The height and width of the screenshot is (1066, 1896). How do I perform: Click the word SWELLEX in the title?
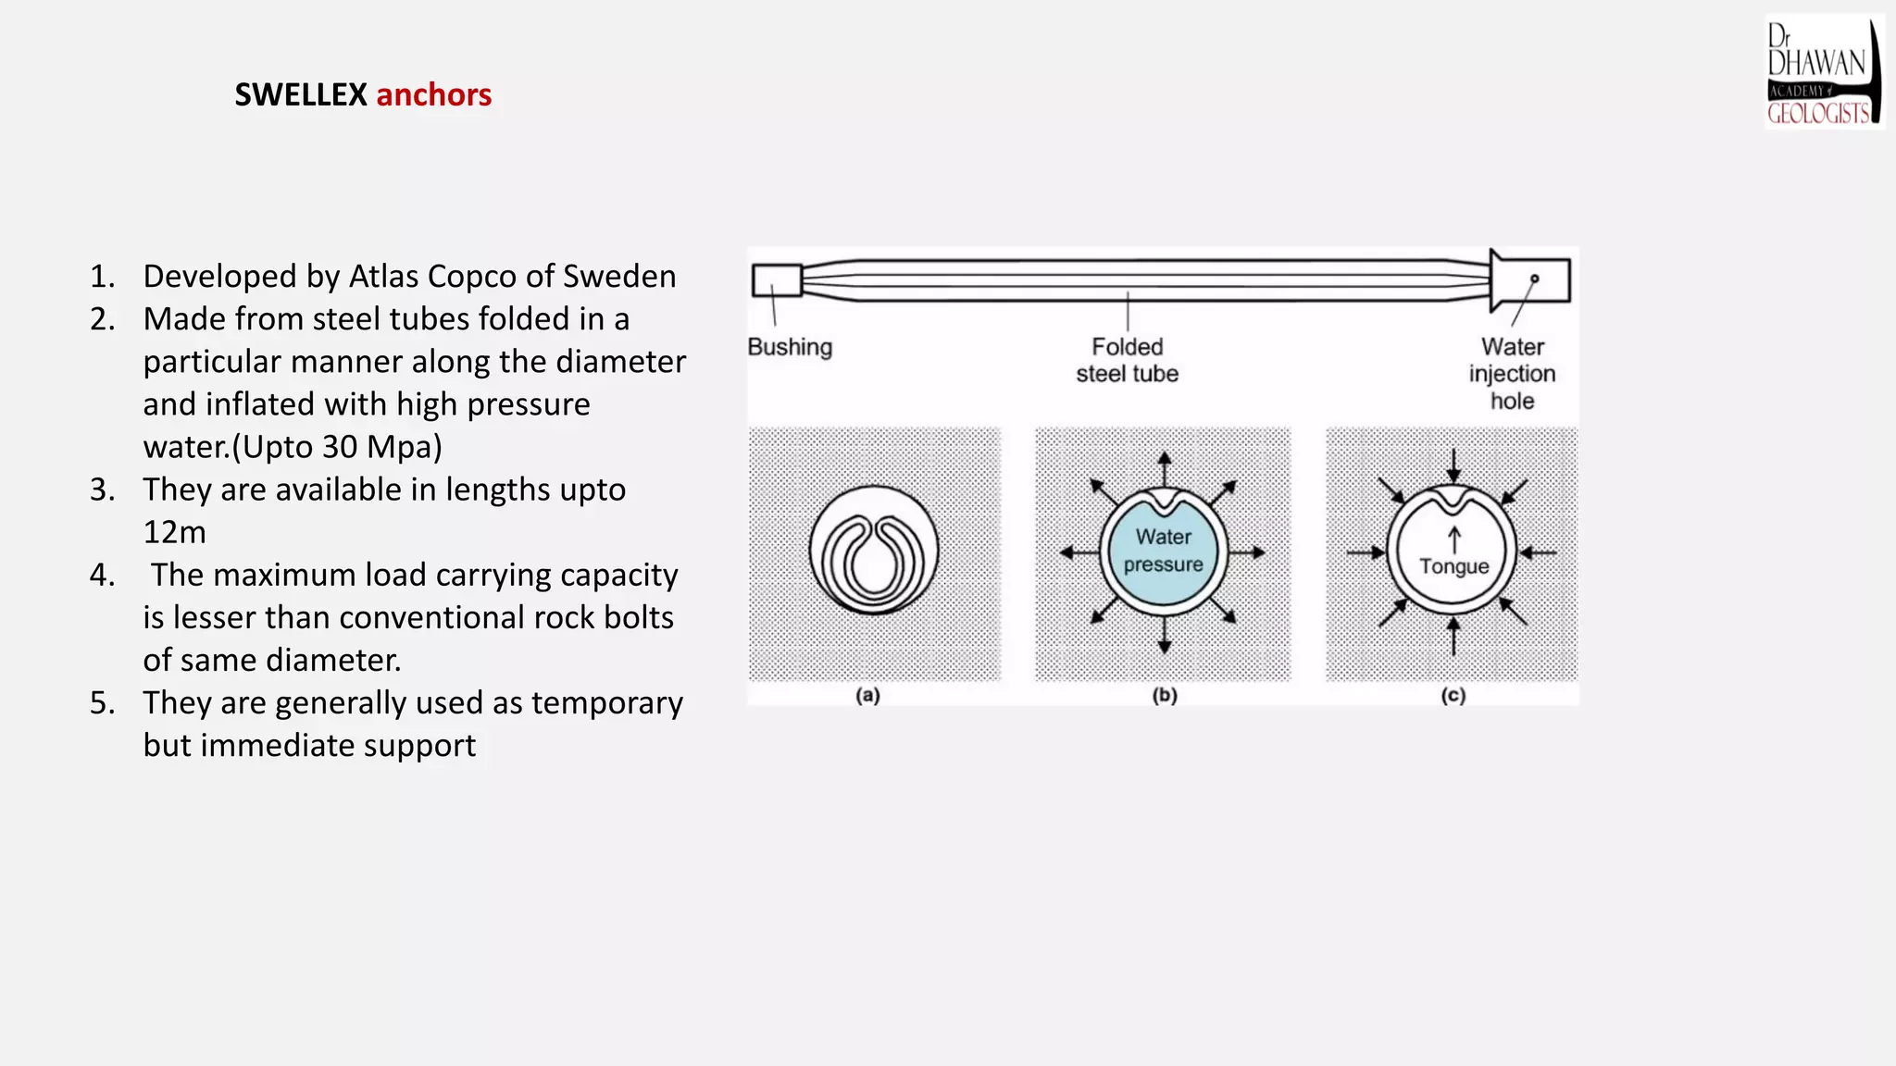coord(301,94)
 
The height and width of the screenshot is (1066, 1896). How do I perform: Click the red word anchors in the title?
coord(434,94)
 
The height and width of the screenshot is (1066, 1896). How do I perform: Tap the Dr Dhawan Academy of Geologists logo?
coord(1824,72)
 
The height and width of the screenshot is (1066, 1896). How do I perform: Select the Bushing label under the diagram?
coord(790,347)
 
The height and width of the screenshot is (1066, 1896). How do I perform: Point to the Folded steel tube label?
coord(1127,360)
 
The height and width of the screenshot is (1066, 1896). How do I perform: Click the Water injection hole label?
coord(1512,373)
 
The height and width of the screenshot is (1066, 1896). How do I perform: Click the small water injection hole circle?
coord(1534,279)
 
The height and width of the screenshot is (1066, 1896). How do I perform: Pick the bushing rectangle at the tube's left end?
coord(777,280)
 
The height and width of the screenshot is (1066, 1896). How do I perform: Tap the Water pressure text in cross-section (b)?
coord(1164,551)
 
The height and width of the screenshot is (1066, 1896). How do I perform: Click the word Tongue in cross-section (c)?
coord(1454,566)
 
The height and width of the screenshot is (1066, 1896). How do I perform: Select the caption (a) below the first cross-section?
coord(867,695)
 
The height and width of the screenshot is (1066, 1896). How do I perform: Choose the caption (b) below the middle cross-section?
coord(1165,695)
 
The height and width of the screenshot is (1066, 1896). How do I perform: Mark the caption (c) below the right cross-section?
coord(1453,695)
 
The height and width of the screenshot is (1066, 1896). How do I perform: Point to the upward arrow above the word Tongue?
coord(1454,539)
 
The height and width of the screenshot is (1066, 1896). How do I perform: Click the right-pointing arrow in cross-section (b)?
coord(1248,552)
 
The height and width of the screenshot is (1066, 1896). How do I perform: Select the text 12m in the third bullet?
coord(174,532)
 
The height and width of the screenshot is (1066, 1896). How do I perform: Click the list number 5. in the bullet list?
coord(103,703)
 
